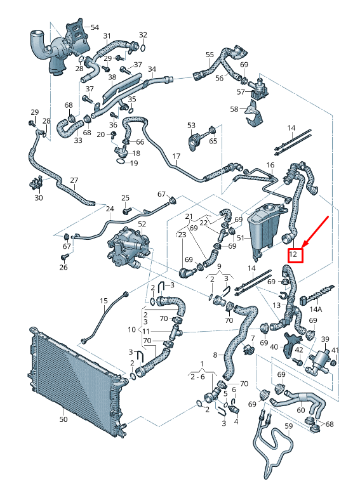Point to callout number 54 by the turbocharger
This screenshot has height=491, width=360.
(95, 27)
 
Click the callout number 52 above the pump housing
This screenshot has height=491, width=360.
(142, 224)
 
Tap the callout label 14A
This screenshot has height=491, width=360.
(316, 310)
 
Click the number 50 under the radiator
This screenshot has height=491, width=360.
(63, 419)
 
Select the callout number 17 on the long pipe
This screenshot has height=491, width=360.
(176, 156)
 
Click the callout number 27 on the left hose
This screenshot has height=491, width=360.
(74, 180)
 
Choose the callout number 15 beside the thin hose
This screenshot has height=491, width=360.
(103, 300)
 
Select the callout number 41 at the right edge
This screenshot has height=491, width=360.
(336, 351)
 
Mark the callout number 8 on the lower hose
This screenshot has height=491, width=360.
(215, 355)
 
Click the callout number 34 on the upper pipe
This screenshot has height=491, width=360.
(151, 69)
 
